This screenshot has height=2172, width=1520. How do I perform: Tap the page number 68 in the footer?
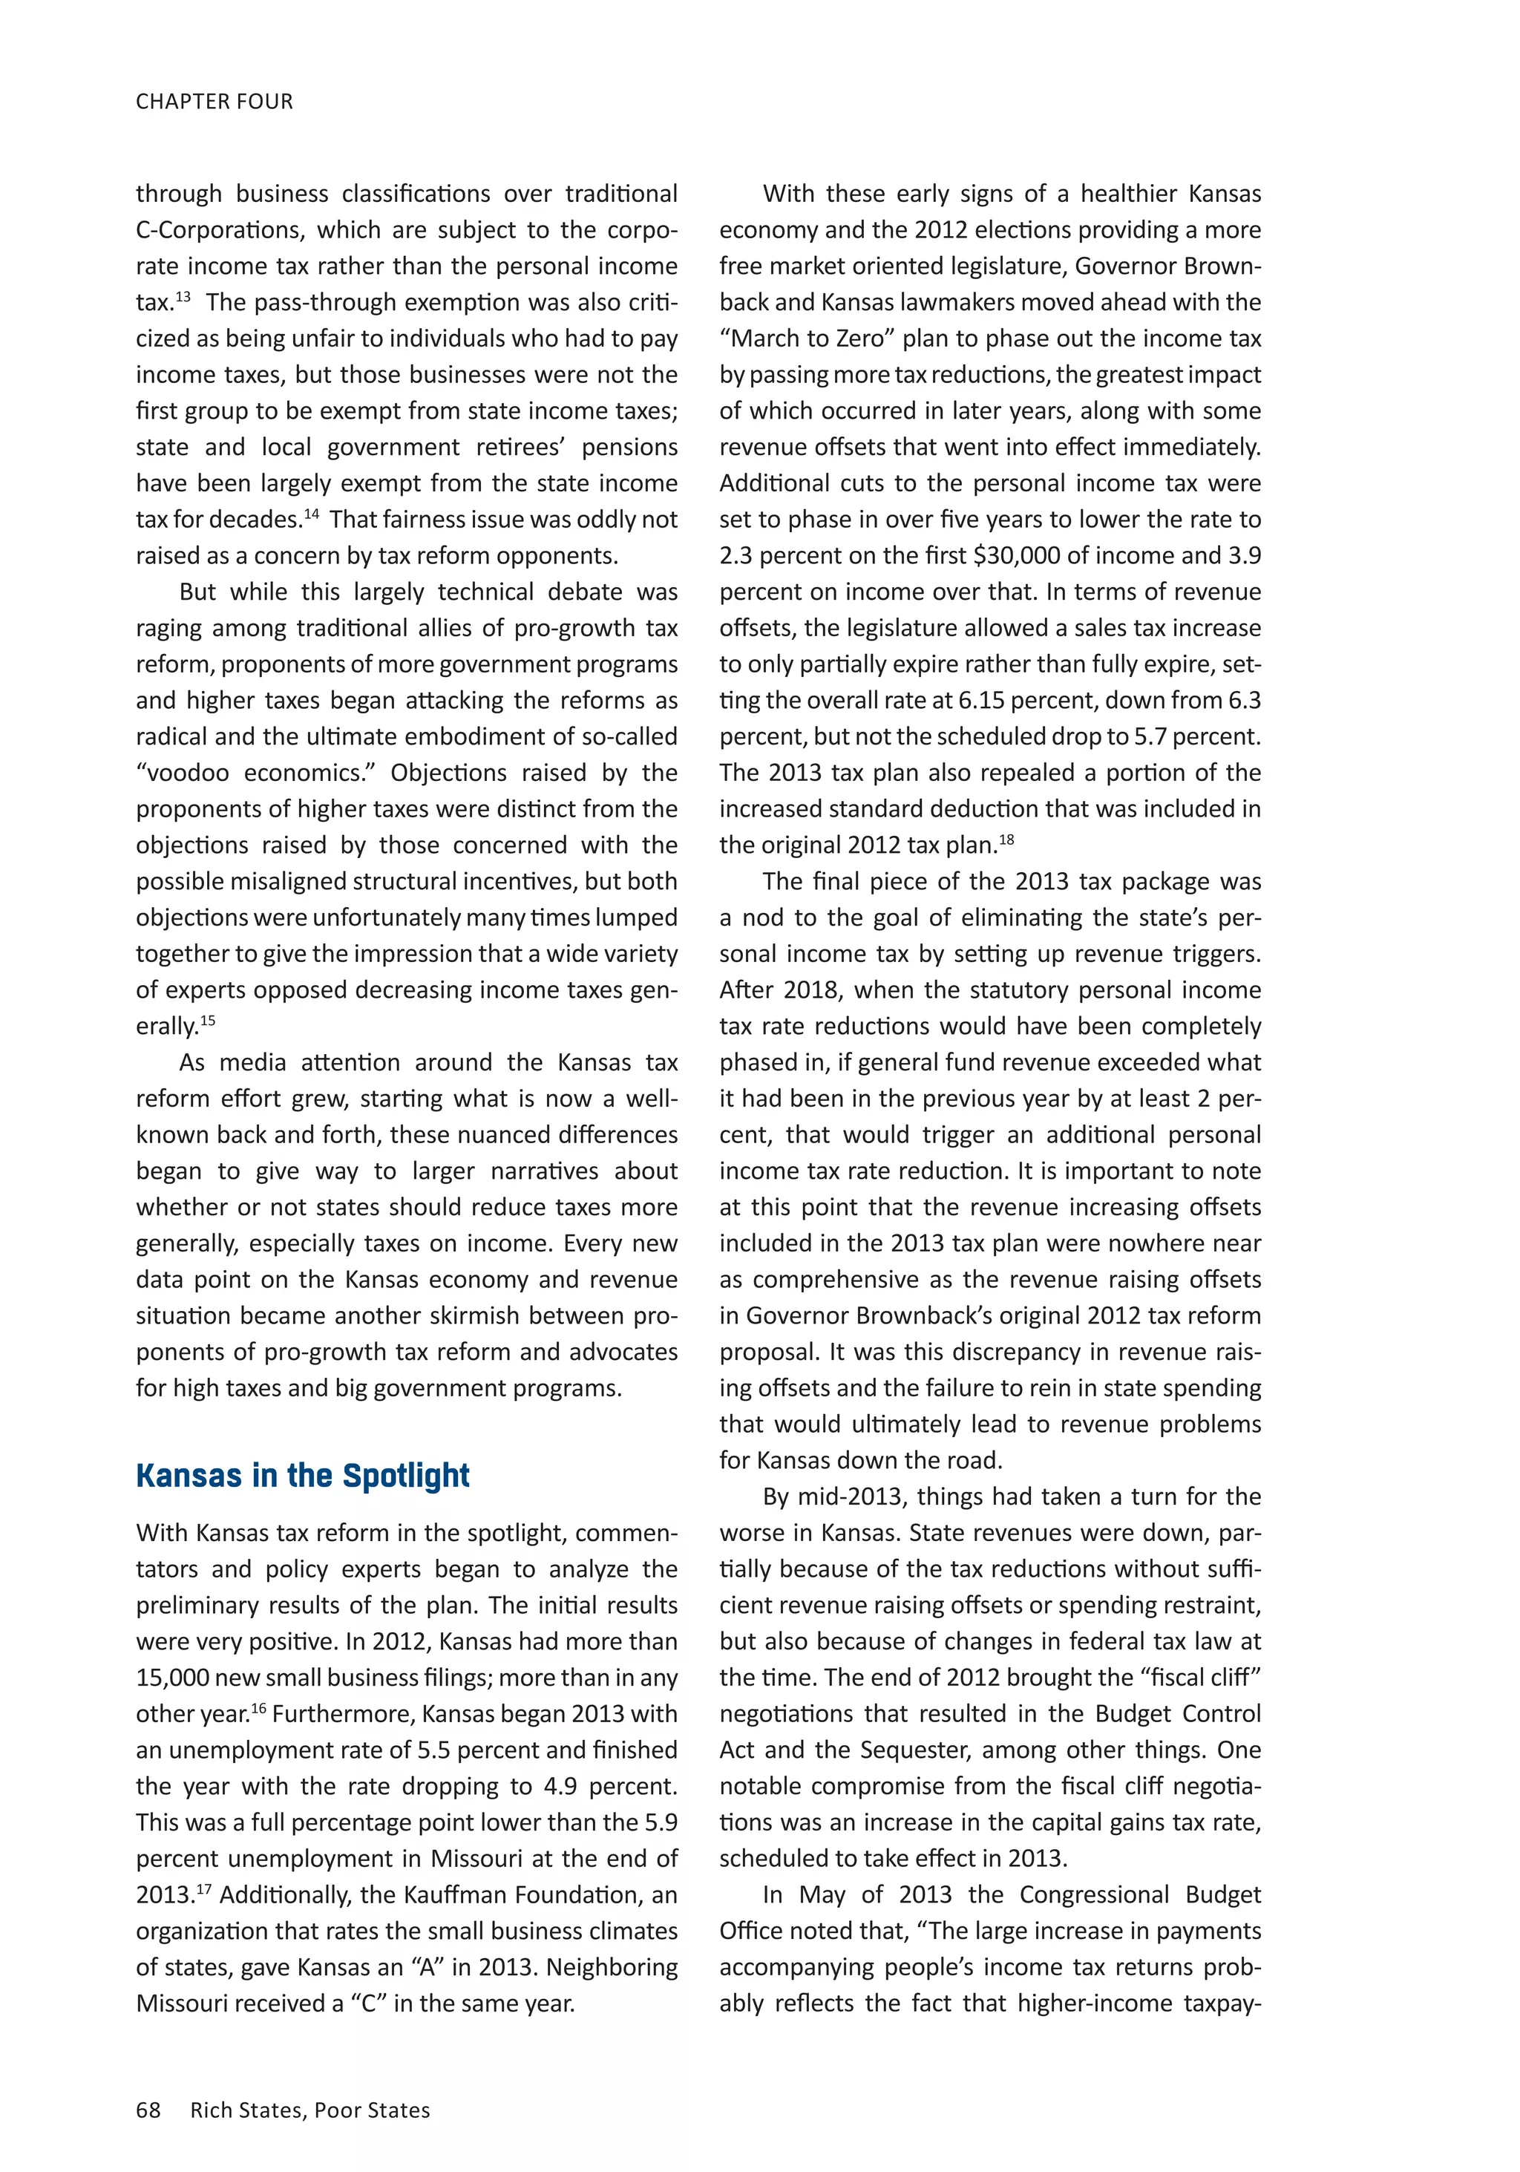tap(148, 2110)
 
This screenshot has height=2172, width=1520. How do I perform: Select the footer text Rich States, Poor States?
tap(310, 2110)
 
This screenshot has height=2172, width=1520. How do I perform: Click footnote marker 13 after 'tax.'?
tap(183, 296)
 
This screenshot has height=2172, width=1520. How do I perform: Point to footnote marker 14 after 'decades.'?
tap(311, 514)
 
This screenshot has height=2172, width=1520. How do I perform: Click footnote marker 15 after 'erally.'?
tap(208, 1020)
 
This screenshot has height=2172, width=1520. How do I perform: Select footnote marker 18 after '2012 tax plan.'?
tap(1006, 839)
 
